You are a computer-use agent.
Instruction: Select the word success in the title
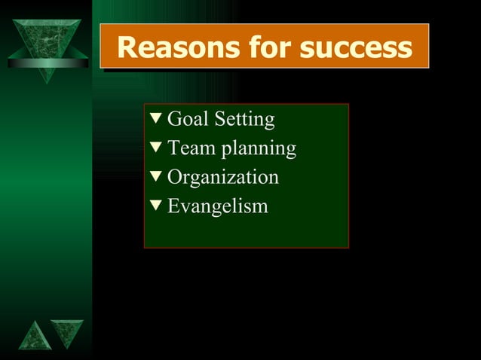click(356, 47)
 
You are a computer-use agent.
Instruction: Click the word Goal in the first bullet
click(188, 119)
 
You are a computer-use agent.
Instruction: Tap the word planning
click(259, 149)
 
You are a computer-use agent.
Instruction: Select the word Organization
click(223, 178)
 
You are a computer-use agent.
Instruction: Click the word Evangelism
click(218, 206)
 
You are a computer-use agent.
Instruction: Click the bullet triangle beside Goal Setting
click(156, 119)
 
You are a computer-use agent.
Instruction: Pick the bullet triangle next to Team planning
click(156, 148)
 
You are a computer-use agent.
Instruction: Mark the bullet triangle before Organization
click(156, 177)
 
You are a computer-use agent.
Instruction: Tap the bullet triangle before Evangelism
click(156, 206)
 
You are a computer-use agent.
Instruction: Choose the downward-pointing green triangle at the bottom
click(67, 332)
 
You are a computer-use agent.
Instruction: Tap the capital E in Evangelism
click(173, 206)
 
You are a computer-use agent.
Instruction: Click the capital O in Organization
click(175, 178)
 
